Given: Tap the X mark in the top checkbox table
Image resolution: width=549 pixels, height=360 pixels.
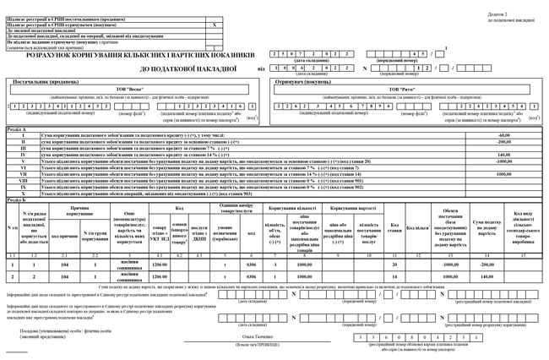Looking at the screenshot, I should tap(215, 25).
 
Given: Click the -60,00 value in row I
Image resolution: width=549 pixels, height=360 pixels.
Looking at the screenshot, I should tap(504, 135).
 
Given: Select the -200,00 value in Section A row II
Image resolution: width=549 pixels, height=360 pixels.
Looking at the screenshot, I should tap(504, 142).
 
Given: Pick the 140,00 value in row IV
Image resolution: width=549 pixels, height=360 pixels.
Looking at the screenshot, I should tap(504, 155).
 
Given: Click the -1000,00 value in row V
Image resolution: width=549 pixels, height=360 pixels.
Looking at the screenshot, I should tap(504, 161).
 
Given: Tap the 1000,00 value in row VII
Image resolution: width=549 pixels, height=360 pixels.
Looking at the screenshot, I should tap(504, 174).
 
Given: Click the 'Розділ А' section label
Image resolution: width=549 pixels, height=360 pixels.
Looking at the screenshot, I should tap(16, 129).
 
